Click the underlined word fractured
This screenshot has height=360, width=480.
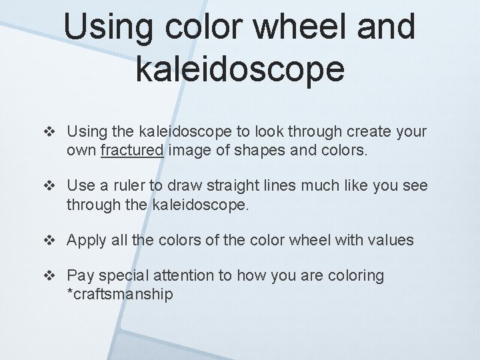pyautogui.click(x=132, y=151)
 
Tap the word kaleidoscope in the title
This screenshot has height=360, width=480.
pyautogui.click(x=240, y=69)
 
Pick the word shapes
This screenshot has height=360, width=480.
pyautogui.click(x=265, y=151)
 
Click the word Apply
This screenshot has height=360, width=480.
pyautogui.click(x=87, y=240)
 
